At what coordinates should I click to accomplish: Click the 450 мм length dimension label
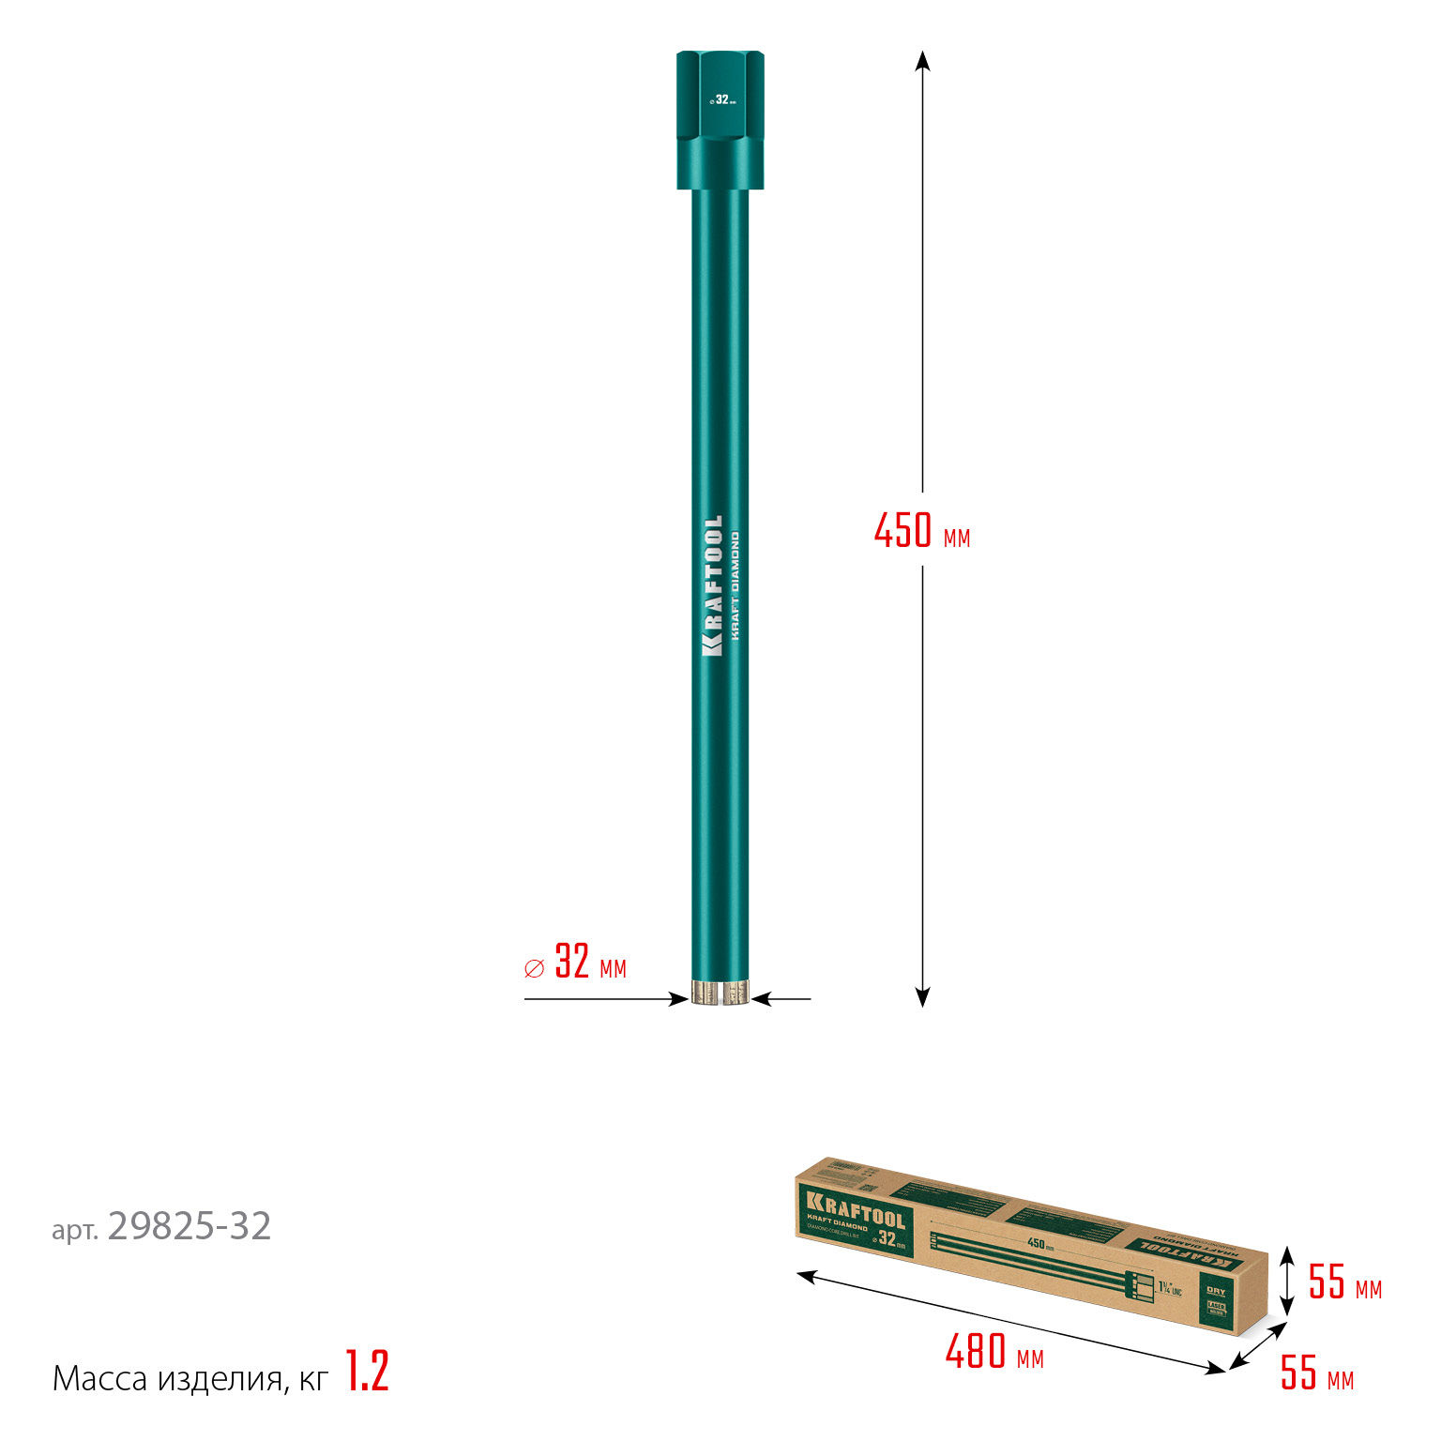921,531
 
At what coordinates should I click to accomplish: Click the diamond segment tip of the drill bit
720,993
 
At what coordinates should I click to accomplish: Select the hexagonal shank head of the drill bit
720,119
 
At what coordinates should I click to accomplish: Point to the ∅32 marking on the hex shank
721,99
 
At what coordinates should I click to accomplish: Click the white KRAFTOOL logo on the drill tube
713,585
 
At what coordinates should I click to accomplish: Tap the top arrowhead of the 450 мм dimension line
922,60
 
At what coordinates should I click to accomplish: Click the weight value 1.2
367,1372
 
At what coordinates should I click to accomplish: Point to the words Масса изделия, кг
190,1378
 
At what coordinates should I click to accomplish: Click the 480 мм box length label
994,1353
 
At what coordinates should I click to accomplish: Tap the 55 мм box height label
1344,1283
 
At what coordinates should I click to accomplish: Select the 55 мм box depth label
1316,1374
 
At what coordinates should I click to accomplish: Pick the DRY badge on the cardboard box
1216,1292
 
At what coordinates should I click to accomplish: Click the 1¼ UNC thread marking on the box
1169,1287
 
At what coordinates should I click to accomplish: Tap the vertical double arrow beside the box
1288,1282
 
